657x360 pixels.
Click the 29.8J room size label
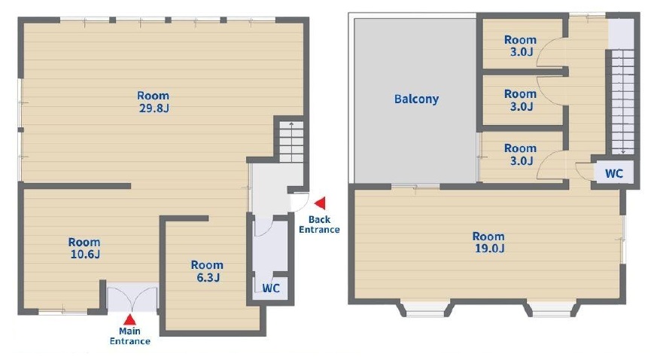(x=154, y=108)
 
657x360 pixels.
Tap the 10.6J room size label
(x=85, y=254)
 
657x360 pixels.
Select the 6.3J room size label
(x=208, y=277)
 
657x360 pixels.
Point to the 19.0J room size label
(x=489, y=248)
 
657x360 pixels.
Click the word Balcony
(x=416, y=99)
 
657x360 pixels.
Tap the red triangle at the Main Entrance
(x=130, y=319)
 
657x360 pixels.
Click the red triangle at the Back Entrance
(x=320, y=203)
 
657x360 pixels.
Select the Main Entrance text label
(x=130, y=336)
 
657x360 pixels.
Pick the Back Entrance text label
(x=319, y=224)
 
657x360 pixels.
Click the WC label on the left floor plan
(x=271, y=288)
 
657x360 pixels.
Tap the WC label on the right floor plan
(x=614, y=173)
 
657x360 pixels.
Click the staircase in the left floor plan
(x=291, y=142)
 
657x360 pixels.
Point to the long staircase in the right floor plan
(x=622, y=102)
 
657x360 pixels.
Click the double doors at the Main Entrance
(x=132, y=299)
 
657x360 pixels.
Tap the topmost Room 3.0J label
(x=520, y=46)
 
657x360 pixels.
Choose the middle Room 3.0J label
(x=520, y=99)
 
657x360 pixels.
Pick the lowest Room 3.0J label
(x=520, y=154)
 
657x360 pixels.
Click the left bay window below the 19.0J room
(x=425, y=310)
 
